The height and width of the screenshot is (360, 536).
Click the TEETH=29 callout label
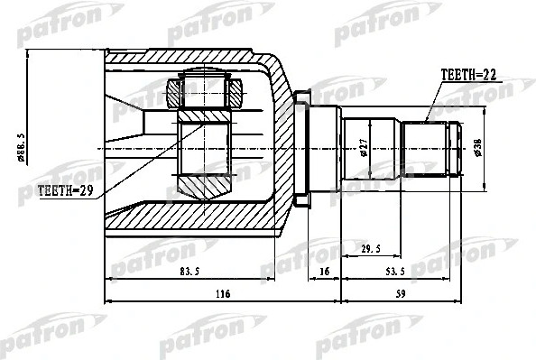[x=66, y=190]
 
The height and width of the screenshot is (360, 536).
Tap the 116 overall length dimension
[x=222, y=293]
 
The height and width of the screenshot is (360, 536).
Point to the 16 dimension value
[x=324, y=270]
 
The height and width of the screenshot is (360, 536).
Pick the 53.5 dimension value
[x=395, y=270]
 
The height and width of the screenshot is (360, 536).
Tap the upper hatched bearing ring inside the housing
[x=208, y=91]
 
